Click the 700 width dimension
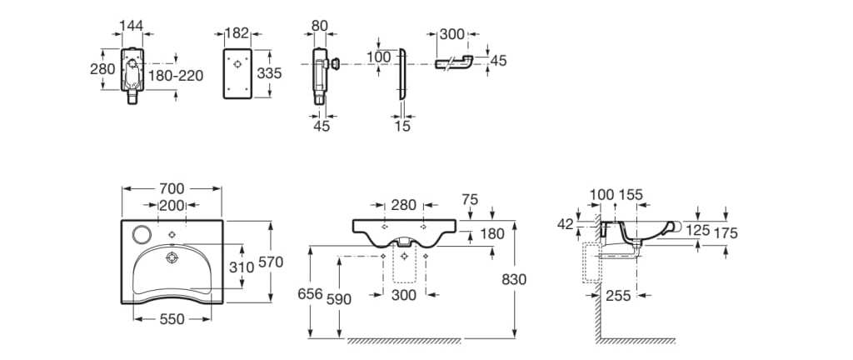coord(172,188)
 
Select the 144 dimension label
coord(132,25)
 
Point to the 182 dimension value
coord(237,32)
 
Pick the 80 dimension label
coord(320,25)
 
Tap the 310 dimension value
coord(242,267)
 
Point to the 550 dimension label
coord(172,319)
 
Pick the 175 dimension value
coord(726,234)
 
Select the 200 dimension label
coord(172,205)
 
